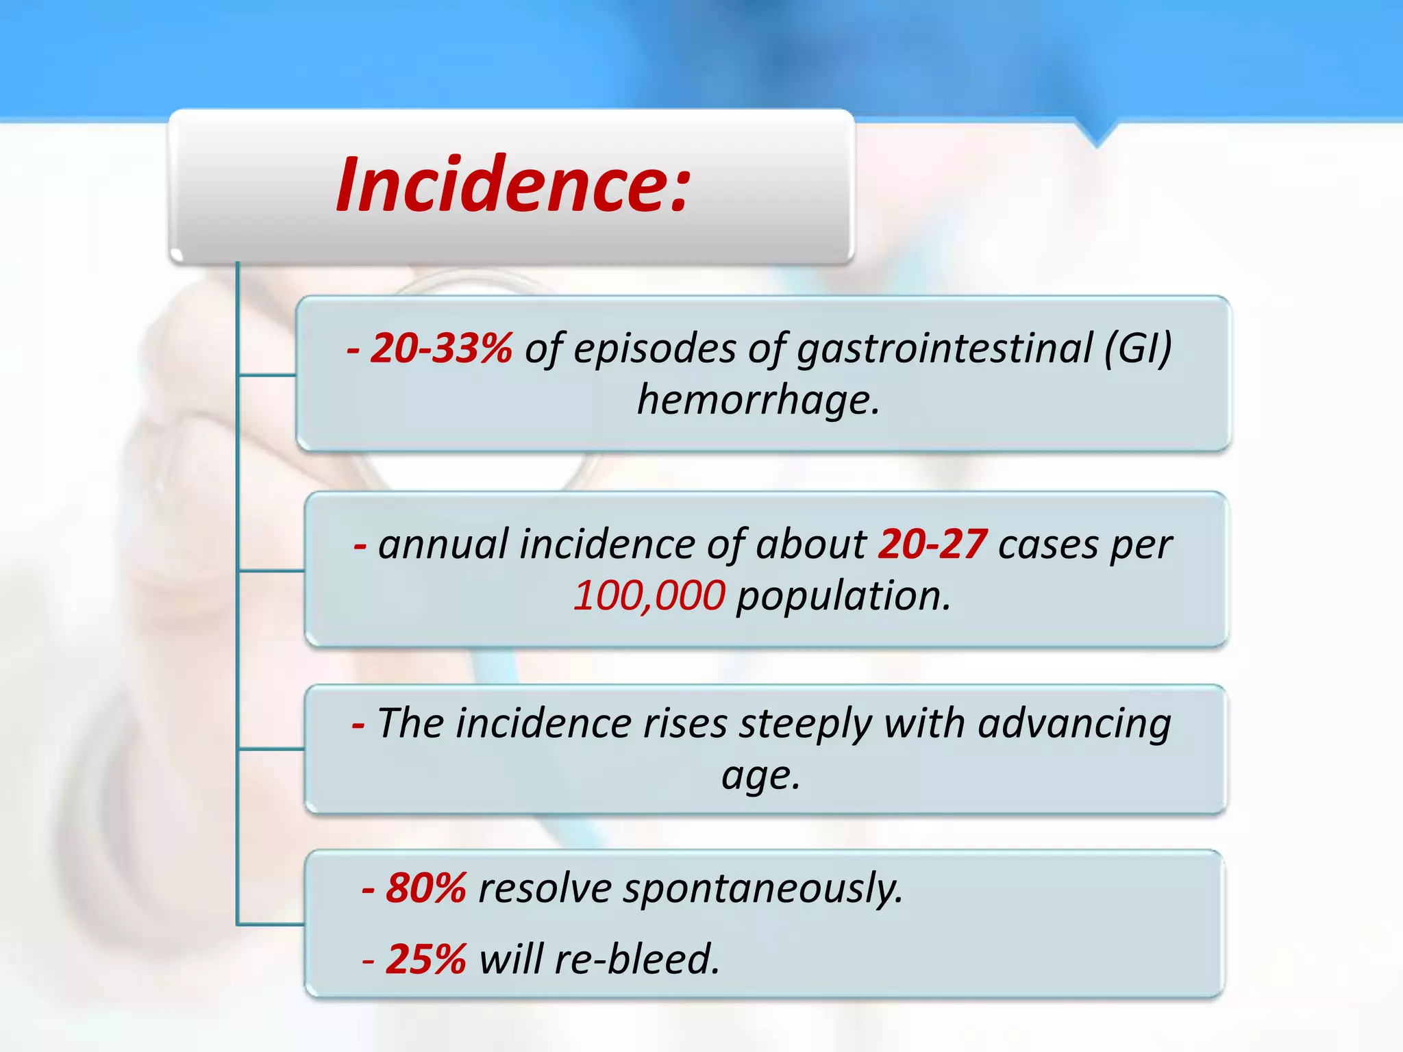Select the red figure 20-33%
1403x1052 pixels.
point(440,348)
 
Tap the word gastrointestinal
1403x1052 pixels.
point(945,348)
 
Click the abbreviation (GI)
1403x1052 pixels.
point(1138,348)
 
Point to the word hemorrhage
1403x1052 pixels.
point(758,400)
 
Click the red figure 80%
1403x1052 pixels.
point(425,888)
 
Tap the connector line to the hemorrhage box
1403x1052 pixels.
point(267,375)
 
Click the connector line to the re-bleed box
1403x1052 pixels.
point(271,925)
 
